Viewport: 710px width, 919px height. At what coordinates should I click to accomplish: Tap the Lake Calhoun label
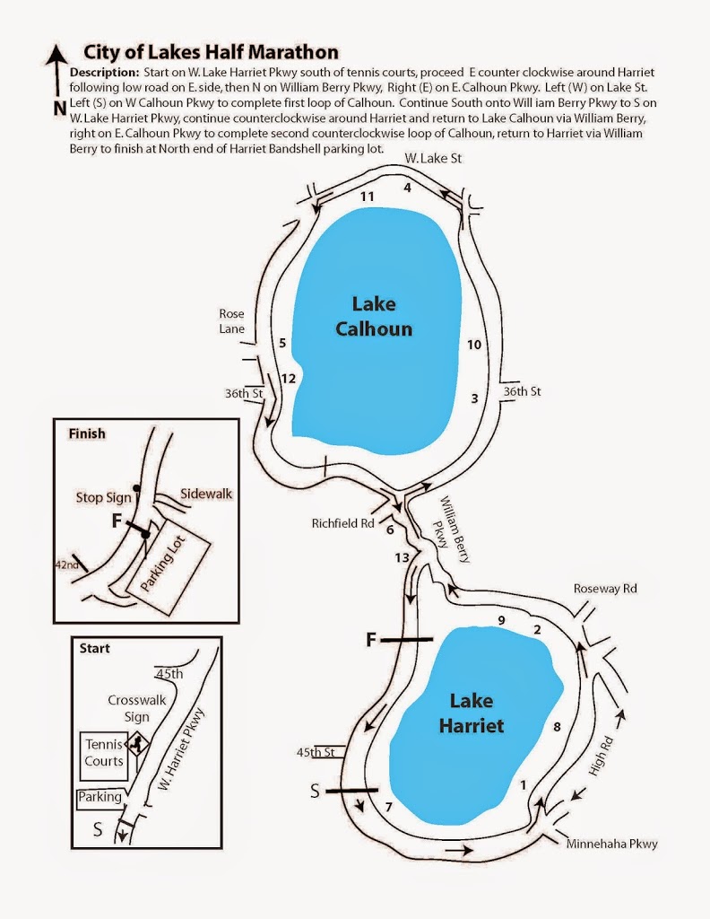374,316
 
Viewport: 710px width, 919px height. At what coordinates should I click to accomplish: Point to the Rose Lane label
231,320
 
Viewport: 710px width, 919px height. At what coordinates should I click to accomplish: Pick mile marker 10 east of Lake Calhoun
474,345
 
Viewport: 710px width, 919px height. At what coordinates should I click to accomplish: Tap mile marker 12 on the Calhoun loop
288,379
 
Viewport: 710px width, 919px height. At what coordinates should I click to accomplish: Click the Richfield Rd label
342,522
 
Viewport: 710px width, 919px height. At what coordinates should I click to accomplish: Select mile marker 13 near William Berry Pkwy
403,558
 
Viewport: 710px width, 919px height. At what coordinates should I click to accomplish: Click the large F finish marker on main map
372,639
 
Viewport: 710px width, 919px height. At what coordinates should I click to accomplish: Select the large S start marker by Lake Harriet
316,791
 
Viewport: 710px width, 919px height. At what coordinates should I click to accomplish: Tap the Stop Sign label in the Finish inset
103,496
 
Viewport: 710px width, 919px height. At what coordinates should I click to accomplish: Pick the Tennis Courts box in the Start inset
104,753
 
